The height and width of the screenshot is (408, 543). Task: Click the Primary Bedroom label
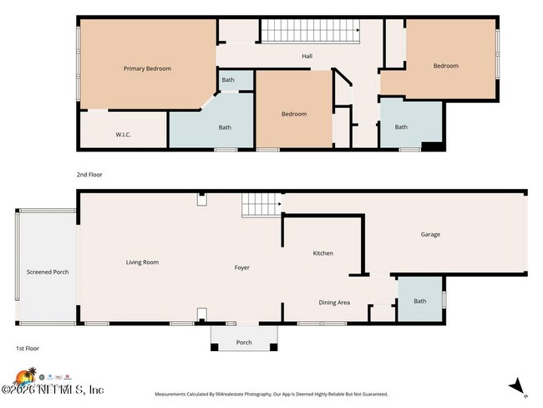click(147, 69)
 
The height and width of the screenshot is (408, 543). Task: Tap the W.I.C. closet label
click(124, 134)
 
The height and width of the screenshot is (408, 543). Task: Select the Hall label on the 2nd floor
click(307, 57)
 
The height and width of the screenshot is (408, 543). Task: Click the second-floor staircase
click(312, 31)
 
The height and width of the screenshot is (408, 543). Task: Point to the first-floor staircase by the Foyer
click(259, 204)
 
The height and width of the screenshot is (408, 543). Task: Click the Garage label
click(429, 234)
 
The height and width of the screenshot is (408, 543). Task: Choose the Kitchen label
click(323, 253)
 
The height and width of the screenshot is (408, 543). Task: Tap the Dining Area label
click(334, 302)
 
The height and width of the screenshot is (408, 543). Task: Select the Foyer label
click(241, 268)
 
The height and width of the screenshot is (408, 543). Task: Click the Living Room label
click(142, 263)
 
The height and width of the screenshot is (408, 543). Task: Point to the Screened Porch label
click(48, 273)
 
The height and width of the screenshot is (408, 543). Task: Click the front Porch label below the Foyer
click(244, 342)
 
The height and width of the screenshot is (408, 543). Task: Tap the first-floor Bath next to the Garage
click(419, 301)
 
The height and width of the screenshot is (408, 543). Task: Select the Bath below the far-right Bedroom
click(401, 127)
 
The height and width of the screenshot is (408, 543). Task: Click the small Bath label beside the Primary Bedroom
click(228, 80)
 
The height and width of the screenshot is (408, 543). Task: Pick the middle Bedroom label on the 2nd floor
click(293, 114)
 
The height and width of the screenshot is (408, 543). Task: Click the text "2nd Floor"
click(89, 175)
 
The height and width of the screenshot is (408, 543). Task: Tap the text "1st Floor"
click(28, 348)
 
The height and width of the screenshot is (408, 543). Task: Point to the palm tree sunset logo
click(25, 375)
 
